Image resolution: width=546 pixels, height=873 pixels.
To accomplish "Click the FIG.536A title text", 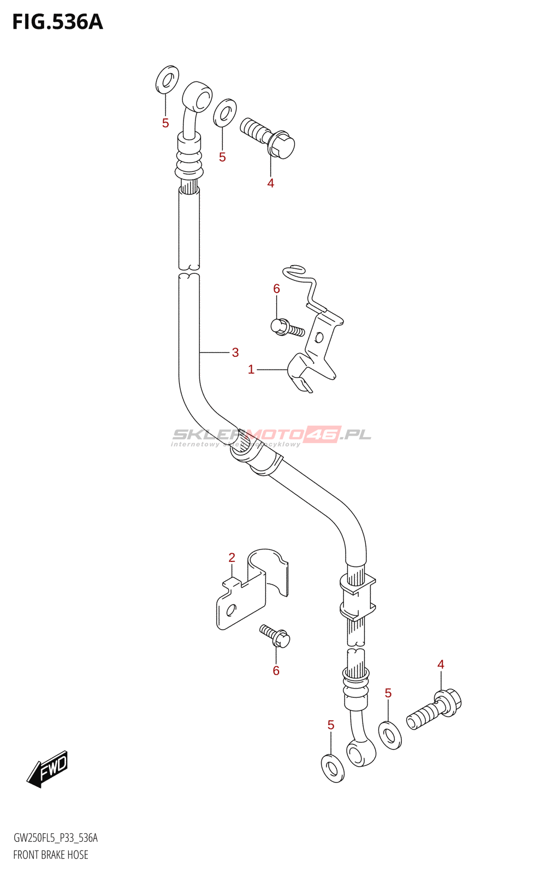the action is [x=57, y=22].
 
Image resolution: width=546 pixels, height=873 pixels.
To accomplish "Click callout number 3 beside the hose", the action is [x=235, y=352].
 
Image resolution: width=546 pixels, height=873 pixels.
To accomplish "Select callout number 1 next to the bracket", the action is [x=251, y=369].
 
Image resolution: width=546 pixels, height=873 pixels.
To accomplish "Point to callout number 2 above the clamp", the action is [x=232, y=558].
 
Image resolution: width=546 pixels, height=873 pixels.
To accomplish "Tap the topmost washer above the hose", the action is [x=167, y=79].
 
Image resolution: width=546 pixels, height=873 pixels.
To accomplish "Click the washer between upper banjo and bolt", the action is [x=225, y=112].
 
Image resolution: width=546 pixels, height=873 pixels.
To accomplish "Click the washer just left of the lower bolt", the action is [x=390, y=735].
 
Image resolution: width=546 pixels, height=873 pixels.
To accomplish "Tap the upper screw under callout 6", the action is [x=287, y=328].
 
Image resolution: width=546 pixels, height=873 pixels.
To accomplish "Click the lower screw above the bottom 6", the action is [x=275, y=636].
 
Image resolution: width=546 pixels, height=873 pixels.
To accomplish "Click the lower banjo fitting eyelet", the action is [x=360, y=753].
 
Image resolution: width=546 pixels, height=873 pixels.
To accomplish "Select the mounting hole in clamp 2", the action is [x=232, y=609].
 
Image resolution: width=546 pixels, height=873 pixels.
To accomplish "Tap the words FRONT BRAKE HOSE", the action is [x=51, y=854].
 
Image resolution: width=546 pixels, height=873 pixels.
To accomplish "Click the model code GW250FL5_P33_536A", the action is [x=56, y=838].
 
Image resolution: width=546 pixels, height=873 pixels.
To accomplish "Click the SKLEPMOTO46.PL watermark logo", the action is [x=271, y=435].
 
